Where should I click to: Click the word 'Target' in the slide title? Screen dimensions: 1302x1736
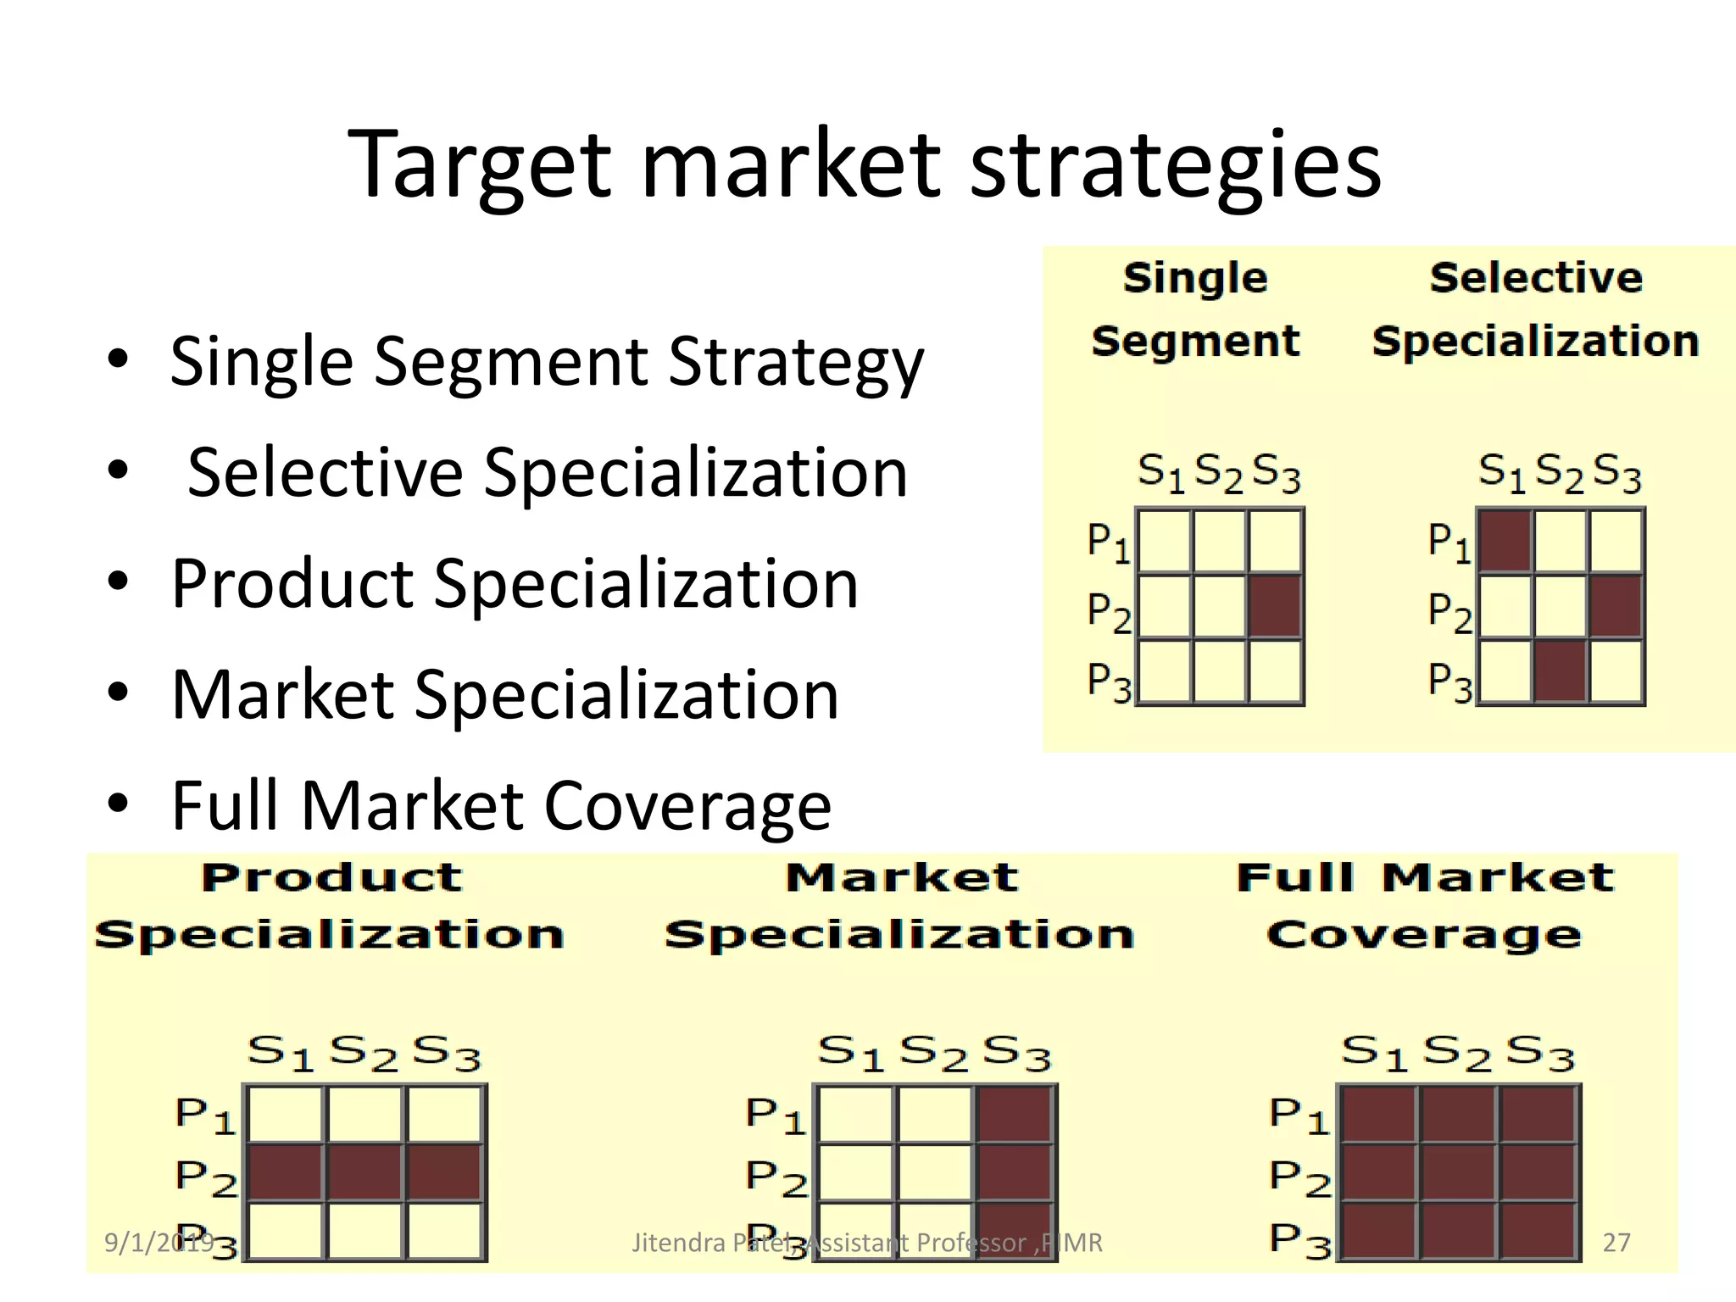coord(479,165)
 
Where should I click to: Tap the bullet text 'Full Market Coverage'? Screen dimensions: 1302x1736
coord(501,805)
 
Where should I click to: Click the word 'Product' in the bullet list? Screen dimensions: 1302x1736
coord(292,584)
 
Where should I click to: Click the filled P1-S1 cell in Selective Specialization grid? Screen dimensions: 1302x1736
coord(1505,541)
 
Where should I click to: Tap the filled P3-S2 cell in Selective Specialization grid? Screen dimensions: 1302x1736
coord(1561,672)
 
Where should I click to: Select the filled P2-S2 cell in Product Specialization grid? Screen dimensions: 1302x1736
coord(364,1173)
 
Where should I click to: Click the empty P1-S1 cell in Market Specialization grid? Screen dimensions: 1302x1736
coord(856,1115)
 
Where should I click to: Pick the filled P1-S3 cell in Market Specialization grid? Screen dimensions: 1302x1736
coord(1014,1115)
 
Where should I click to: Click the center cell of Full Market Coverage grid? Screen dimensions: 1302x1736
coord(1458,1173)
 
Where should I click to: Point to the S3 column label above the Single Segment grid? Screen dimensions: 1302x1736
coord(1276,472)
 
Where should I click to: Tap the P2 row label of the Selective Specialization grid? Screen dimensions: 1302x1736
coord(1449,612)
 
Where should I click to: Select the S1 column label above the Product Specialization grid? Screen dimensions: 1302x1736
coord(281,1054)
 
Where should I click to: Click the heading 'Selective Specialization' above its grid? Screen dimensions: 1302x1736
coord(1536,309)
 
